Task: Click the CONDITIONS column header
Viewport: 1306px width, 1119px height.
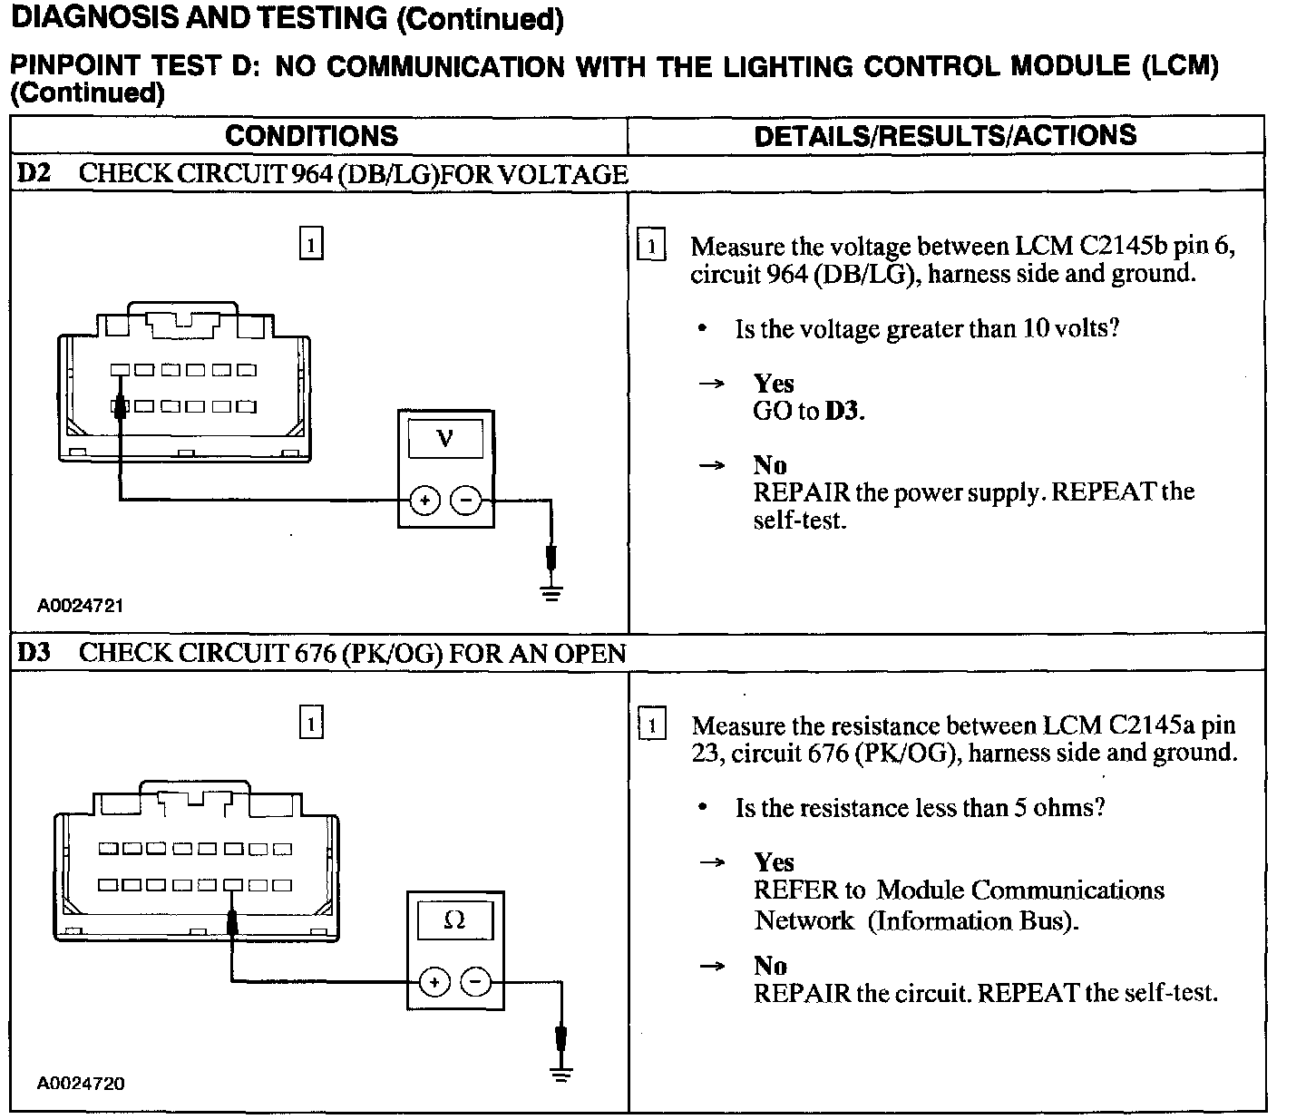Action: pyautogui.click(x=311, y=136)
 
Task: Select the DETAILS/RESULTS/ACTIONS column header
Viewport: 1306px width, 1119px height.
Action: pyautogui.click(x=945, y=135)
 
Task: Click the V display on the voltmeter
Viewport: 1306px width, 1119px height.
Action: pyautogui.click(x=444, y=440)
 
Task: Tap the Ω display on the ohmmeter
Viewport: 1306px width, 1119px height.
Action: pyautogui.click(x=454, y=921)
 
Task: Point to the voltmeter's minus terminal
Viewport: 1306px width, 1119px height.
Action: pyautogui.click(x=466, y=500)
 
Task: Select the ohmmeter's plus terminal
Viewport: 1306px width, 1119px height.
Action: pyautogui.click(x=434, y=982)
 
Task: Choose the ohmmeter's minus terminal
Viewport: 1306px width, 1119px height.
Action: pyautogui.click(x=475, y=982)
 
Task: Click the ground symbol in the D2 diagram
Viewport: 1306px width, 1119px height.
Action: pyautogui.click(x=551, y=593)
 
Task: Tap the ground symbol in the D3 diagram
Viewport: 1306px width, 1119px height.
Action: pyautogui.click(x=562, y=1075)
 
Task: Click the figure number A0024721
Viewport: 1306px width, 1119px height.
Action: pyautogui.click(x=80, y=605)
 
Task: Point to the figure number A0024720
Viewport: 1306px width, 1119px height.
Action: pyautogui.click(x=81, y=1083)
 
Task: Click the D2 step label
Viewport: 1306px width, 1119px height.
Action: pyautogui.click(x=34, y=173)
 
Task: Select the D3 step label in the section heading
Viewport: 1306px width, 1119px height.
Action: pyautogui.click(x=34, y=653)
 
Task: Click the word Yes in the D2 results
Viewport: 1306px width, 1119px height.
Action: pyautogui.click(x=773, y=384)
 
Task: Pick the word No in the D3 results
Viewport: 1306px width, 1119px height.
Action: pyautogui.click(x=770, y=966)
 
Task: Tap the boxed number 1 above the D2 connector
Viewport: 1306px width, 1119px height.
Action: pyautogui.click(x=310, y=245)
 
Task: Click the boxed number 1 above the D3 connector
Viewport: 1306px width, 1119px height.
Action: pyautogui.click(x=311, y=724)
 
